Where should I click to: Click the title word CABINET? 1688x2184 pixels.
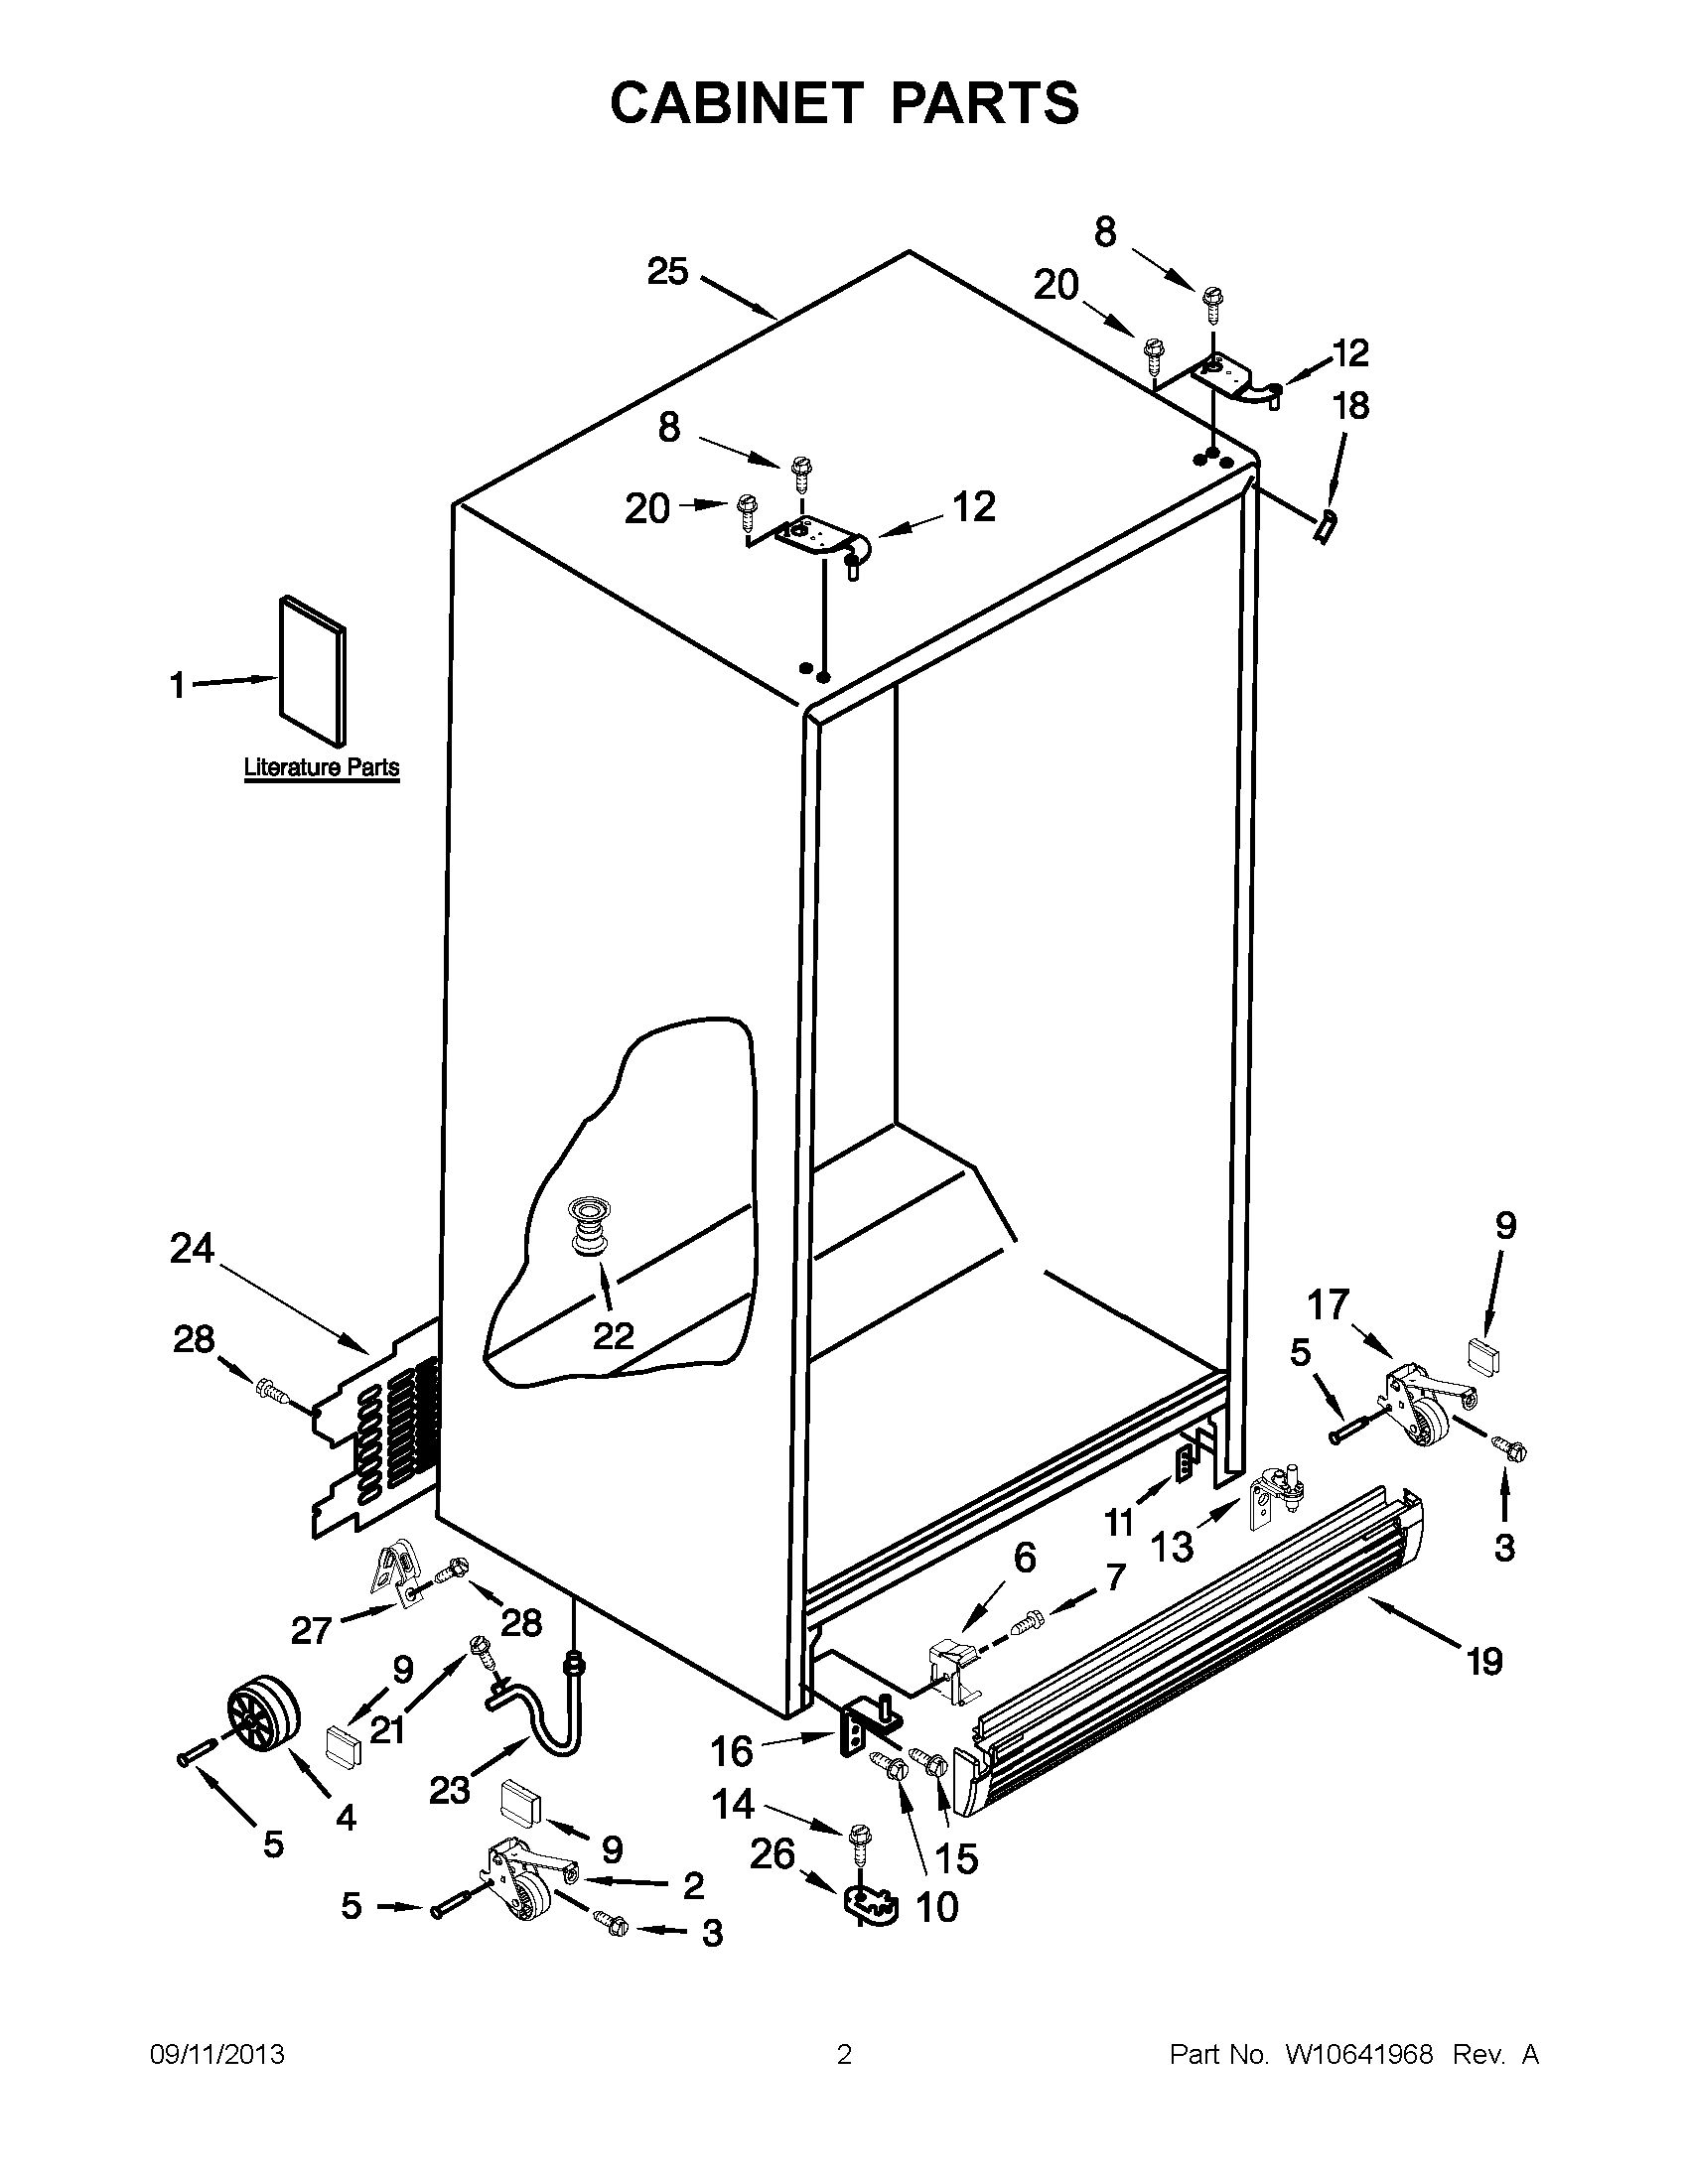735,102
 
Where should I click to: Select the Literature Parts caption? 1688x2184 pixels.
322,768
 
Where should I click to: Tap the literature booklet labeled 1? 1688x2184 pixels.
313,672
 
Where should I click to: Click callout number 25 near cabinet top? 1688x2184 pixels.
667,271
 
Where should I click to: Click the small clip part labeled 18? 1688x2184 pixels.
1325,524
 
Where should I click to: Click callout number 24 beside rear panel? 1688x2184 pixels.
192,1248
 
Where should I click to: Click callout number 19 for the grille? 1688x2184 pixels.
1484,1661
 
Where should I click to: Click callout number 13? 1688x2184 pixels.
1171,1547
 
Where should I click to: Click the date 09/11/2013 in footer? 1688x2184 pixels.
217,2054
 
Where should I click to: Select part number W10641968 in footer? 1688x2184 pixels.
1359,2054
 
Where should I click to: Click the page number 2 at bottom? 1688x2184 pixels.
844,2054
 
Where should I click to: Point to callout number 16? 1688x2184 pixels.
731,1751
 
